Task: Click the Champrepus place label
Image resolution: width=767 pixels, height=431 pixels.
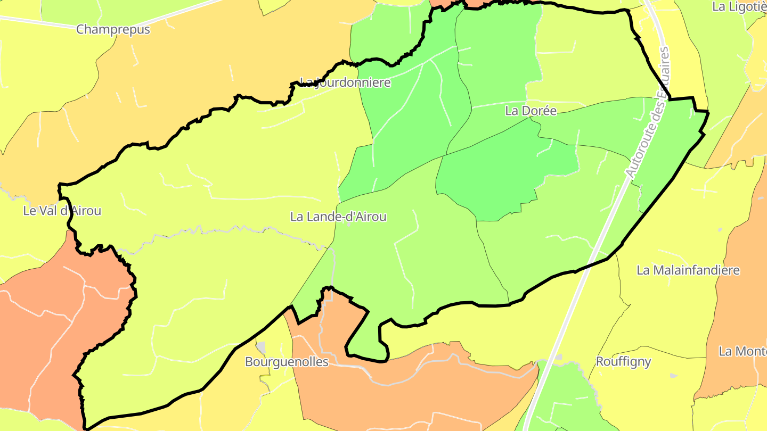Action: pyautogui.click(x=113, y=29)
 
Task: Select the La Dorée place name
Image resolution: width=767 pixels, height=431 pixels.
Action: pyautogui.click(x=531, y=111)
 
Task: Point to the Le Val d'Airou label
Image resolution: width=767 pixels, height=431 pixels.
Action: pyautogui.click(x=62, y=211)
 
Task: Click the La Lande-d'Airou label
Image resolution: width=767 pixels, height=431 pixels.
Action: pyautogui.click(x=338, y=217)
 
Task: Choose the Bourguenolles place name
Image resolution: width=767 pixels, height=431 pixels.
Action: pyautogui.click(x=287, y=362)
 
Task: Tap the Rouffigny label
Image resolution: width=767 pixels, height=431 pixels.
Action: pyautogui.click(x=623, y=362)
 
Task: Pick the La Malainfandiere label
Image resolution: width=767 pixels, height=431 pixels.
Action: pyautogui.click(x=688, y=270)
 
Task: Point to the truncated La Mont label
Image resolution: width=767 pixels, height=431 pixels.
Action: pyautogui.click(x=742, y=351)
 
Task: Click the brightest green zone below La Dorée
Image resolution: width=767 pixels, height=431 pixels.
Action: pyautogui.click(x=506, y=176)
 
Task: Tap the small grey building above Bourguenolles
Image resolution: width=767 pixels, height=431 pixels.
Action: pyautogui.click(x=261, y=347)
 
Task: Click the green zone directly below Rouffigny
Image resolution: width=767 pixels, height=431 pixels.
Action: pyautogui.click(x=565, y=399)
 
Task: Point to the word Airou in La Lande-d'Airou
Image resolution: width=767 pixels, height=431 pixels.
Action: pyautogui.click(x=369, y=217)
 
